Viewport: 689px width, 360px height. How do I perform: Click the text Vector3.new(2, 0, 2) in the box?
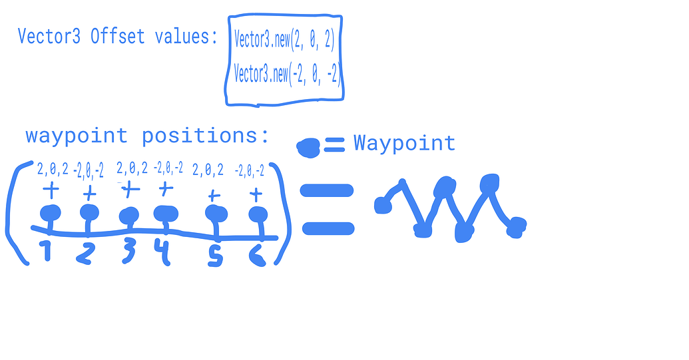tap(284, 39)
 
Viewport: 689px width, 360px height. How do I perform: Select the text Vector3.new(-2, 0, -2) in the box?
tap(286, 73)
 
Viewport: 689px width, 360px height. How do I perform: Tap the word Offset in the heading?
tap(117, 36)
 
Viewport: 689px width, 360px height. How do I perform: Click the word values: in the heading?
tap(186, 36)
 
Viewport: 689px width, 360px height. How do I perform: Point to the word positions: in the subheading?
tap(205, 136)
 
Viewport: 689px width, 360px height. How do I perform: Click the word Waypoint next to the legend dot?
tap(404, 143)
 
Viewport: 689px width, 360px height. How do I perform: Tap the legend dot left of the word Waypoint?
tap(308, 148)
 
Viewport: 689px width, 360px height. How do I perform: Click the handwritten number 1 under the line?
tap(46, 250)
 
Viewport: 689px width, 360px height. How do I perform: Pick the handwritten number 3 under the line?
tap(128, 251)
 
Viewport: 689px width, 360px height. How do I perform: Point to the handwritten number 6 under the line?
tap(258, 255)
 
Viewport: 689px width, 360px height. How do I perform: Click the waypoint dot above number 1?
tap(51, 214)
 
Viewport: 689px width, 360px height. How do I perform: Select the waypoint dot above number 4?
tap(166, 214)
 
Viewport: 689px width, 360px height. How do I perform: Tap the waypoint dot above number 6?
tap(258, 215)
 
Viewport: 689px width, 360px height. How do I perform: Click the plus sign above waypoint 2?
tap(90, 193)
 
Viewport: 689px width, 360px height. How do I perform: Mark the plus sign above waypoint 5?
tap(214, 196)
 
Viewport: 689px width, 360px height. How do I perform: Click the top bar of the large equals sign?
tap(327, 190)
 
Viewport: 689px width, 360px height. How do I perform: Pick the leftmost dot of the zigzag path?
tap(383, 206)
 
